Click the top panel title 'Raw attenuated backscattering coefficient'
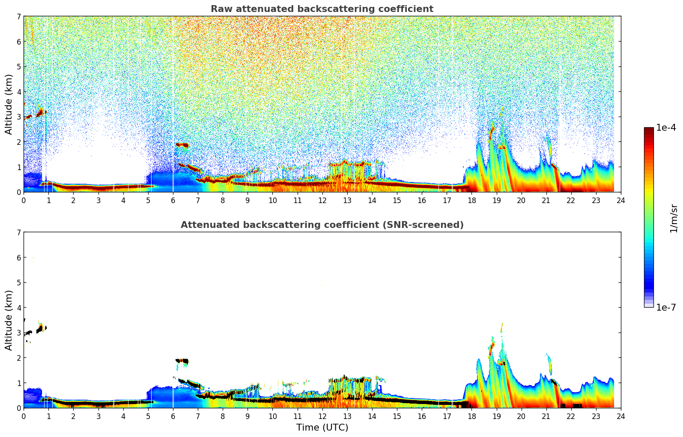322,9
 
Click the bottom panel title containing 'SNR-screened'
322,225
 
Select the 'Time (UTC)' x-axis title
322,428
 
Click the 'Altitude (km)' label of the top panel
9,104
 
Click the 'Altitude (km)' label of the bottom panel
9,320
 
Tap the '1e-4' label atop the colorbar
666,128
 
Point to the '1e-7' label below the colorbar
666,308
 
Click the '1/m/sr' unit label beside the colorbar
674,218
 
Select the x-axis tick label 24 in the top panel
620,201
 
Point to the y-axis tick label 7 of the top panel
19,16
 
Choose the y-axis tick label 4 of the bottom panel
19,308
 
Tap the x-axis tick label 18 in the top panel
471,201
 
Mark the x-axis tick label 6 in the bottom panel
173,416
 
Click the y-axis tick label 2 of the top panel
19,142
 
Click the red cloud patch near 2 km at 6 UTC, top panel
182,145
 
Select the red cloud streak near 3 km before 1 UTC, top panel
40,113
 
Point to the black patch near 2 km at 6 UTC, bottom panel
182,361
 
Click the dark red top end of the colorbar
649,129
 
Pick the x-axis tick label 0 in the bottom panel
24,416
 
